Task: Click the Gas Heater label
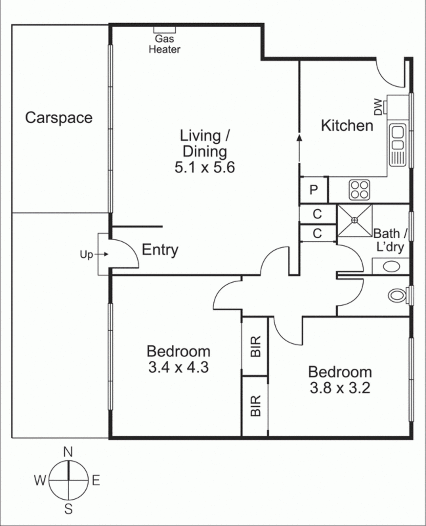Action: coord(164,44)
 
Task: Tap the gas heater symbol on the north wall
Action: coord(164,30)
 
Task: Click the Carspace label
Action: coord(59,118)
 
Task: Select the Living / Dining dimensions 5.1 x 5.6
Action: coord(204,167)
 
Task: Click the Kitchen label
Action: coord(347,126)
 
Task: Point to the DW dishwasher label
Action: coord(378,107)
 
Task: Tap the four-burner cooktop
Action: coord(359,190)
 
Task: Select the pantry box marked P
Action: coord(314,190)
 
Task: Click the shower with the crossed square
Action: coord(355,220)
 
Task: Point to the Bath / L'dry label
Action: coord(390,240)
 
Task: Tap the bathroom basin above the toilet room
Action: coord(391,266)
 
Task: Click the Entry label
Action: coord(160,250)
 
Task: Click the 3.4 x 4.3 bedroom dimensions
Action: coord(178,367)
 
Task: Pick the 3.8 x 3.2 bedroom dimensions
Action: coord(340,388)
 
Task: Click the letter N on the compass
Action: coord(68,452)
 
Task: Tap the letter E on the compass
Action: coord(96,481)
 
